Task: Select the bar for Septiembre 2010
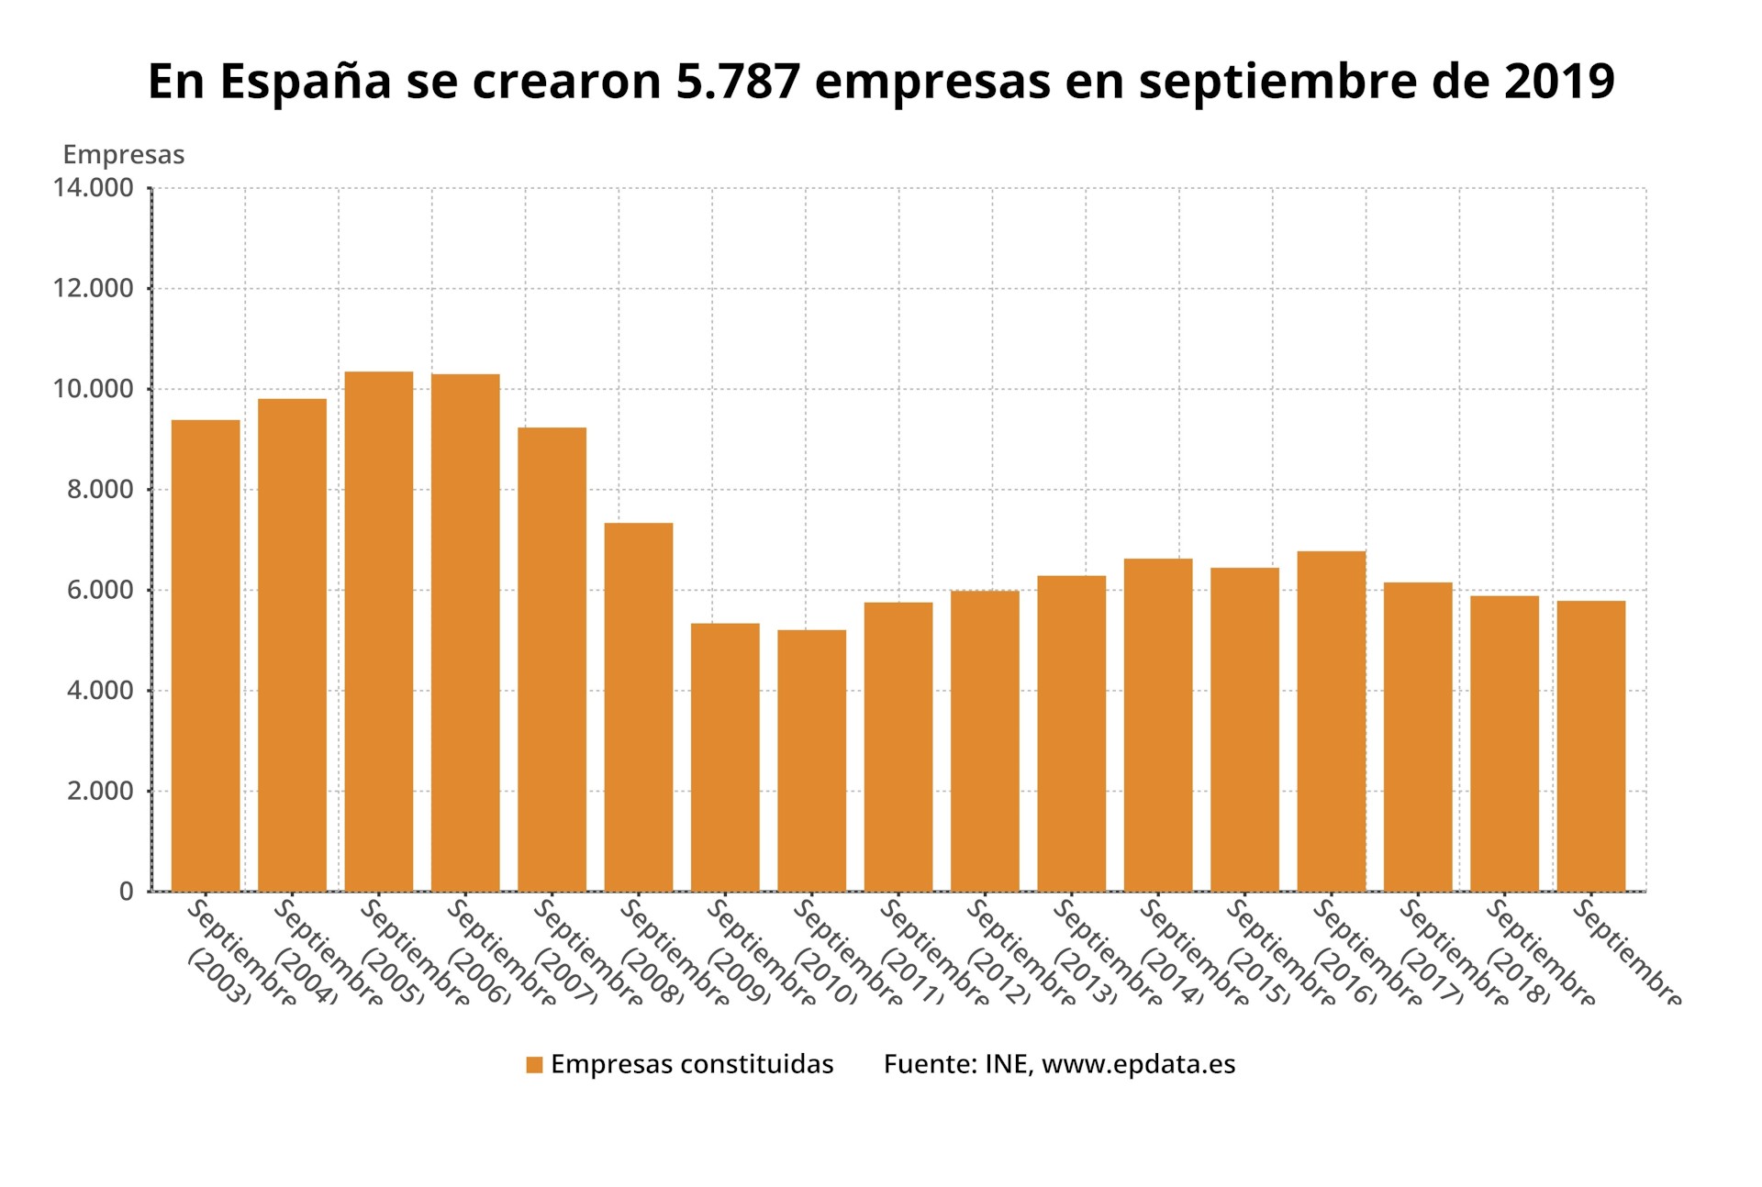(811, 760)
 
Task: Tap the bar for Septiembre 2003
(206, 655)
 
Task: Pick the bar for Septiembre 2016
(1331, 721)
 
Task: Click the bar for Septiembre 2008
(638, 706)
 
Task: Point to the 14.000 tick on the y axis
(93, 188)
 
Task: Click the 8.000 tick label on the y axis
(100, 489)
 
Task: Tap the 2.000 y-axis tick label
(100, 791)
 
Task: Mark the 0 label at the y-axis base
(127, 892)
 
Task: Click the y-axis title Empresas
(123, 155)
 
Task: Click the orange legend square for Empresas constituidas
(535, 1065)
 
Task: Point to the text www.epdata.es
(1138, 1064)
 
